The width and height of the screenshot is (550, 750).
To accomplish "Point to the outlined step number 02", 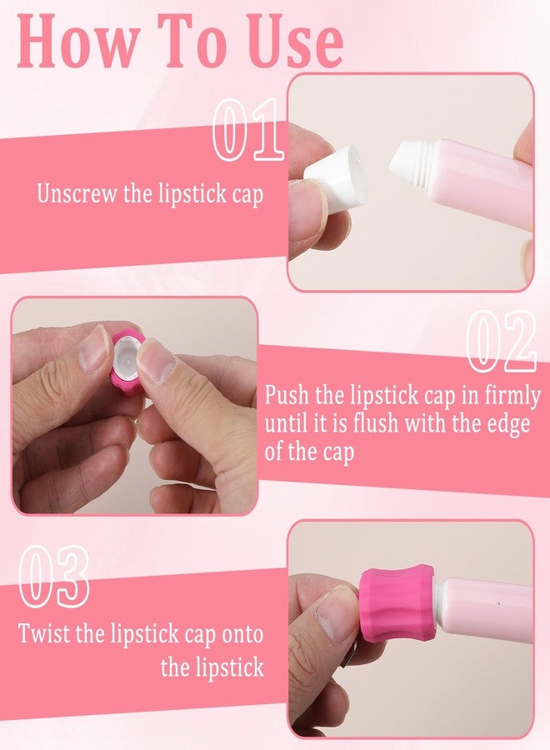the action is tap(501, 341).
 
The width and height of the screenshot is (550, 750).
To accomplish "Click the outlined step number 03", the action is tap(54, 576).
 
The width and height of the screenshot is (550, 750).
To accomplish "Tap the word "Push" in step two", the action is tap(287, 396).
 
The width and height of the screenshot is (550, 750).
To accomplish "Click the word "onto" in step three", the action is tap(242, 635).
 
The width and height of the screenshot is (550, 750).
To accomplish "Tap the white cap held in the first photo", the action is tap(338, 179).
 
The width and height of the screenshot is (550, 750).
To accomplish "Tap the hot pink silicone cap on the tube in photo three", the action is tap(397, 602).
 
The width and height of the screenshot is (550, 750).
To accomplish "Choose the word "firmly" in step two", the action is tap(512, 397).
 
